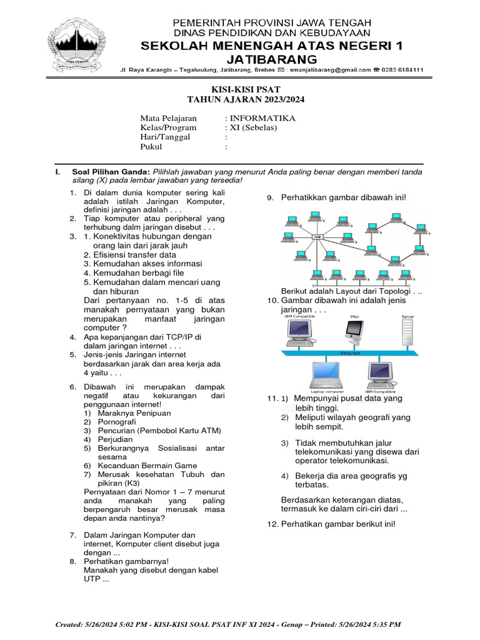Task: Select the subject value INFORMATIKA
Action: pos(262,118)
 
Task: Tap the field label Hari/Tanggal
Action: pos(165,137)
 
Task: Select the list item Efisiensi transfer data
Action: pos(130,255)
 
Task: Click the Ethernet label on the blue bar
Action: pos(350,353)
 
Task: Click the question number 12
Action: pos(272,524)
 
